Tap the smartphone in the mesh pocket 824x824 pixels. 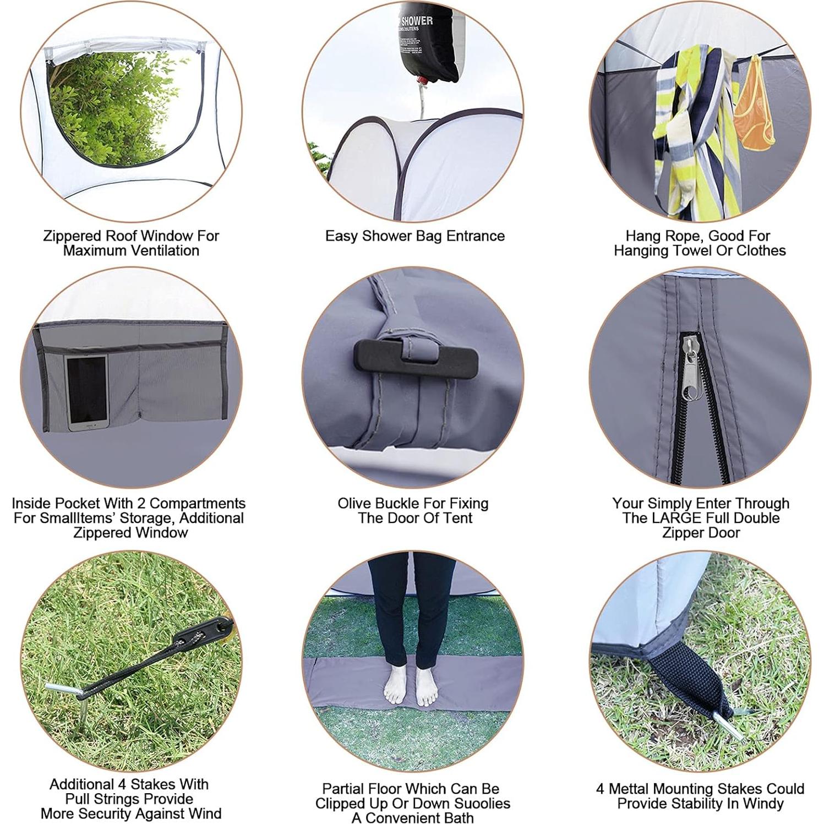coord(87,391)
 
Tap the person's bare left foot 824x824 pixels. coord(427,686)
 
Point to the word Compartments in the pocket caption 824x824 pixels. coord(197,504)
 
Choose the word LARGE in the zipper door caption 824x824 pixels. coord(675,518)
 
